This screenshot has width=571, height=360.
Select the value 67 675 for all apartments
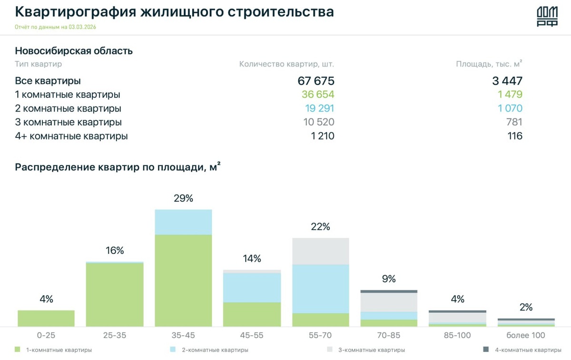click(316, 81)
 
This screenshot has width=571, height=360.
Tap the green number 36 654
click(318, 95)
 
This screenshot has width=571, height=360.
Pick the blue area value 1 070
click(510, 108)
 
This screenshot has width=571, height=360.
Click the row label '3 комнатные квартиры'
click(68, 122)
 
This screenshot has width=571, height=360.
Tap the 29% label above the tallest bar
click(183, 198)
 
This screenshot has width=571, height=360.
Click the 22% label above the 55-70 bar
click(320, 227)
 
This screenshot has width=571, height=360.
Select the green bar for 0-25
click(46, 318)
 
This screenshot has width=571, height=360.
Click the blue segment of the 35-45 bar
click(183, 222)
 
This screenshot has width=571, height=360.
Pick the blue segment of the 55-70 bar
click(320, 289)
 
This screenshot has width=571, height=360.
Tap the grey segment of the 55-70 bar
click(320, 251)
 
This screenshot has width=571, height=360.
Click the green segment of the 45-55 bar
click(252, 314)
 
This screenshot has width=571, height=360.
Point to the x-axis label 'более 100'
click(526, 335)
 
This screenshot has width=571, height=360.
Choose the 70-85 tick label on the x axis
click(389, 335)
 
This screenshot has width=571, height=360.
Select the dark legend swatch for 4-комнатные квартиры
click(486, 350)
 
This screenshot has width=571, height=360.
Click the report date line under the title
click(56, 27)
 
